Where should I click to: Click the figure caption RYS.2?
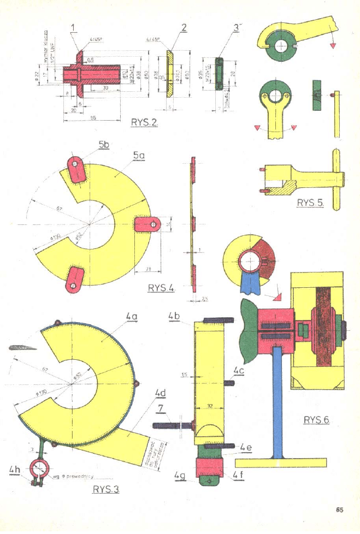tap(144, 122)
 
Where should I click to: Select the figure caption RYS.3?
tap(105, 489)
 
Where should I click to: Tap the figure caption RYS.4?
tap(161, 288)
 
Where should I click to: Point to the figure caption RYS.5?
tap(310, 203)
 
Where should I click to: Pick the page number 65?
tap(339, 511)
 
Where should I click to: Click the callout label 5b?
tap(104, 145)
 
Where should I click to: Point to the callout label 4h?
tap(15, 469)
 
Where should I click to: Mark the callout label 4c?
tap(239, 371)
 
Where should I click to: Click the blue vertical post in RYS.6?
tap(278, 404)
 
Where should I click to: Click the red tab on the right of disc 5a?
tap(146, 224)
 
